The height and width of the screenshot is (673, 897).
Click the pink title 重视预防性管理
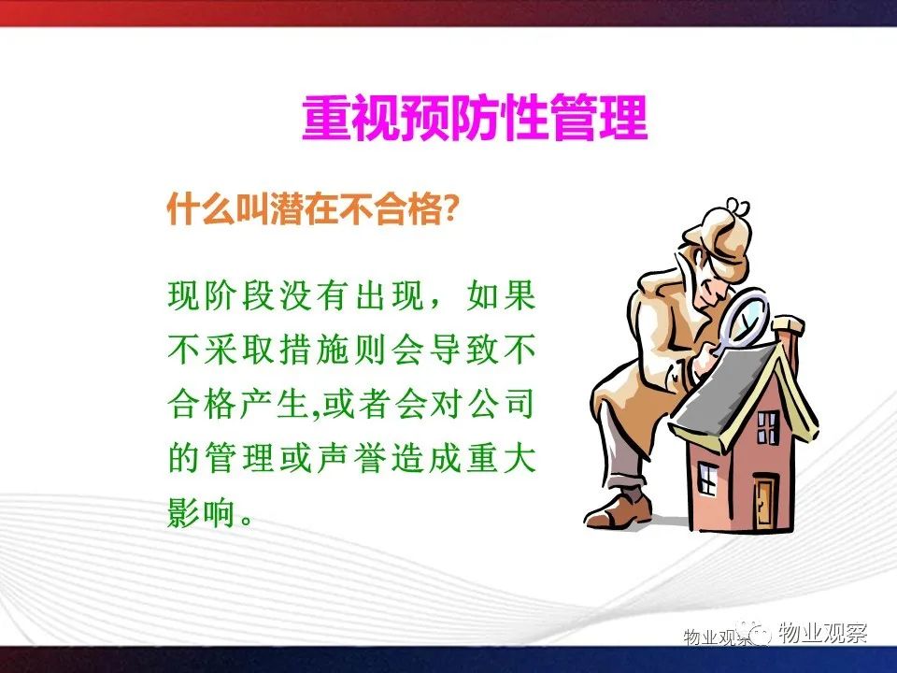475,118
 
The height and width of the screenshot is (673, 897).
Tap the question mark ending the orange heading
450,208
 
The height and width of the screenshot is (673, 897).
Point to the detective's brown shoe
619,511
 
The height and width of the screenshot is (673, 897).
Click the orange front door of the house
763,504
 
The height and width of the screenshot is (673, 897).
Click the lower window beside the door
707,479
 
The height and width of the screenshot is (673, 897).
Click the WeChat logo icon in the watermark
755,633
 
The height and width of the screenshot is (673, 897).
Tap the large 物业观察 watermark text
822,633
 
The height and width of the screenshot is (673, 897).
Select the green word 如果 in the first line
501,295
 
